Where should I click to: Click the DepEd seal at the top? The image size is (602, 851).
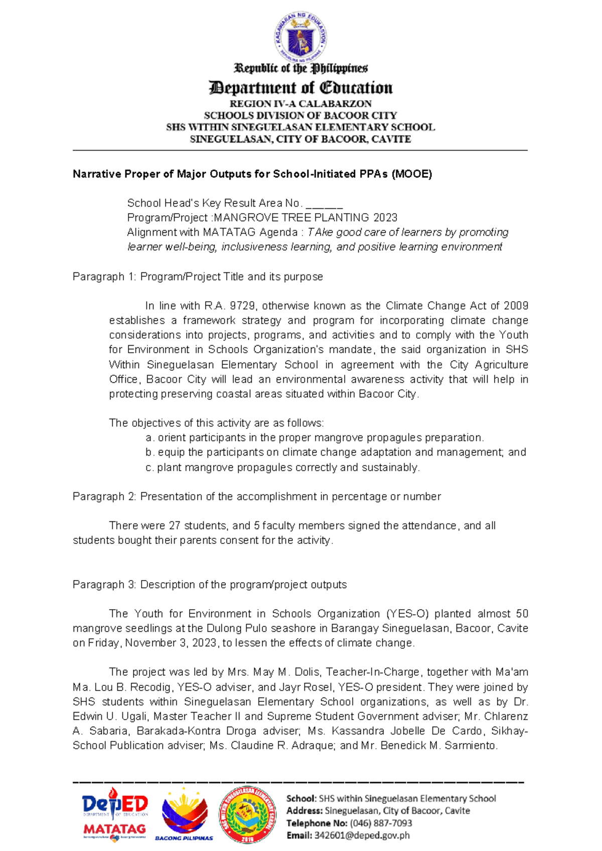click(300, 37)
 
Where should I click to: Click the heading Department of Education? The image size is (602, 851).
click(300, 88)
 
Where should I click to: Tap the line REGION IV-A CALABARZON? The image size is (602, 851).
click(300, 104)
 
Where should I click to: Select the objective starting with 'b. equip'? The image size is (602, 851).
click(336, 453)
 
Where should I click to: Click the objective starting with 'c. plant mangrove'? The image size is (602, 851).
click(282, 468)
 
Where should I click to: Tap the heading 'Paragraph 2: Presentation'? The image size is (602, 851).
click(256, 497)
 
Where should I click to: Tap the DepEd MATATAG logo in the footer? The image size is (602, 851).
click(115, 814)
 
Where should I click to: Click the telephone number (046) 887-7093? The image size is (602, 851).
click(381, 823)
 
